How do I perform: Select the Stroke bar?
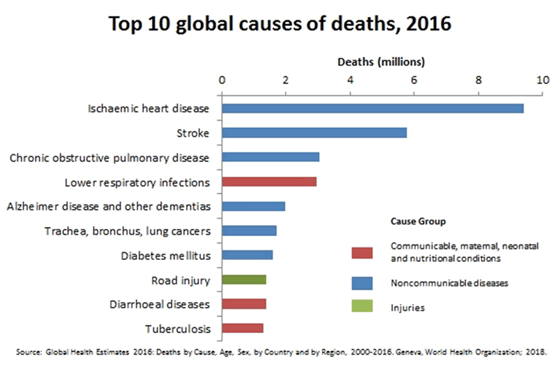pyautogui.click(x=314, y=132)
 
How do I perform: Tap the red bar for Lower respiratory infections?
pyautogui.click(x=269, y=181)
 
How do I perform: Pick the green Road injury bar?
pyautogui.click(x=244, y=280)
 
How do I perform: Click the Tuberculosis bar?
pyautogui.click(x=242, y=328)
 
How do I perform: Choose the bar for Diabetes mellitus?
pyautogui.click(x=247, y=255)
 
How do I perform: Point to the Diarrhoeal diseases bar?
pyautogui.click(x=244, y=304)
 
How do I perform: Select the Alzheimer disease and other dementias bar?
pyautogui.click(x=253, y=206)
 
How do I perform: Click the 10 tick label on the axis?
pyautogui.click(x=542, y=80)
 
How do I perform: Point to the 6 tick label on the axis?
pyautogui.click(x=414, y=80)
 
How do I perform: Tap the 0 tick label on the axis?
pyautogui.click(x=222, y=80)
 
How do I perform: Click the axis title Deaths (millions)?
pyautogui.click(x=381, y=62)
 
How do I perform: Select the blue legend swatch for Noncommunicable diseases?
pyautogui.click(x=361, y=283)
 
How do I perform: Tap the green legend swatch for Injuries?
pyautogui.click(x=361, y=307)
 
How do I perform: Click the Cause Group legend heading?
pyautogui.click(x=416, y=222)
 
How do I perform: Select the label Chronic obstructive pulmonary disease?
pyautogui.click(x=110, y=157)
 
